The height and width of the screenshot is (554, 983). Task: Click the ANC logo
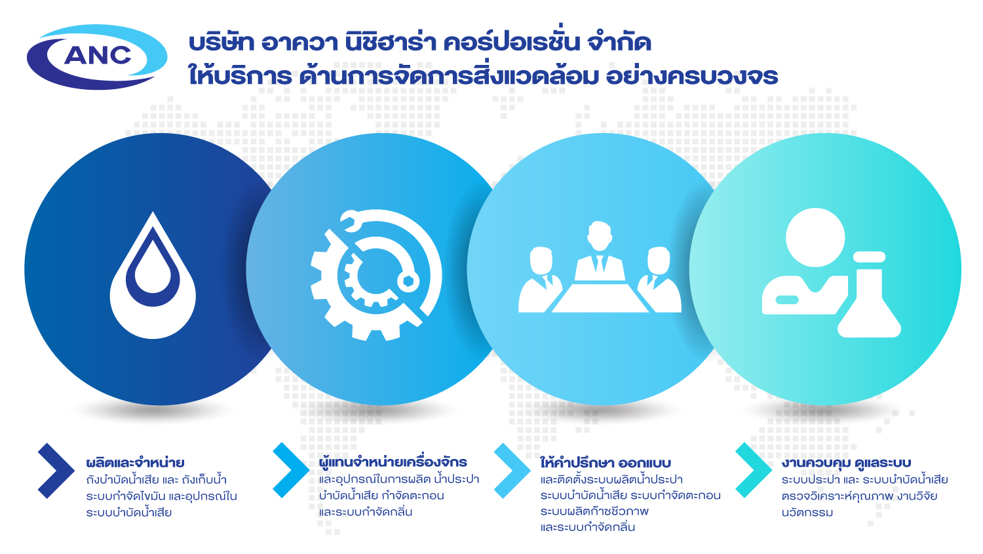pos(97,56)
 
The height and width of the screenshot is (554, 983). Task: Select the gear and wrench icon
pos(376,275)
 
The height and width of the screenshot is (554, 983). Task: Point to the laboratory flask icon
pos(870,294)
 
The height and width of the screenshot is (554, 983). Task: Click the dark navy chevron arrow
pos(56,471)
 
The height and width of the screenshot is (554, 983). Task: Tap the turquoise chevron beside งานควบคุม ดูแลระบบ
pos(754,470)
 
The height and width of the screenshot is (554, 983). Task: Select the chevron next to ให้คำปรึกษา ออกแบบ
pos(512,471)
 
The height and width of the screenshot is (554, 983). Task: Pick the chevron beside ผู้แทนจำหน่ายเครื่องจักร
pos(291,470)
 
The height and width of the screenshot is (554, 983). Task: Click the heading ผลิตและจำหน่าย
pos(135,463)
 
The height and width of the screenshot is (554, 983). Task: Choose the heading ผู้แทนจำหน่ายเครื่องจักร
pos(393,462)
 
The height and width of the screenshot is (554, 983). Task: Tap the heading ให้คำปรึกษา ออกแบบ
pos(606,463)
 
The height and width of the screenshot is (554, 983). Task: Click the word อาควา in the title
pos(299,43)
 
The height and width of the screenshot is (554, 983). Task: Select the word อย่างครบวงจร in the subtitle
pos(692,75)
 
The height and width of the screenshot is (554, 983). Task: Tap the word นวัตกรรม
pos(807,512)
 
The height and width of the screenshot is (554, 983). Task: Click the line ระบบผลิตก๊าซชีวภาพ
pos(594,511)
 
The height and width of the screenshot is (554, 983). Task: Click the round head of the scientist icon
pos(815,237)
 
